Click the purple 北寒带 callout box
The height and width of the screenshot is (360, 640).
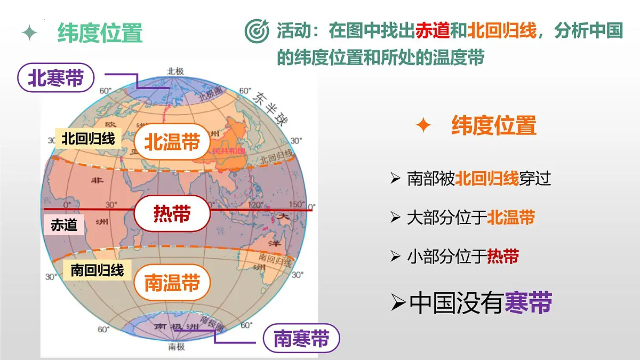[x=56, y=79]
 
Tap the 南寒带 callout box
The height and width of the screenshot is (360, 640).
[x=301, y=339]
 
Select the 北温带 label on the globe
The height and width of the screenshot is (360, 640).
[x=172, y=142]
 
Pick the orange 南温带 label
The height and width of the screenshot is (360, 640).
[x=172, y=283]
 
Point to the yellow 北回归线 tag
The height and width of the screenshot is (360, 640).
[x=88, y=139]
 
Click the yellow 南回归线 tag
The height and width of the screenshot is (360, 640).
[x=97, y=270]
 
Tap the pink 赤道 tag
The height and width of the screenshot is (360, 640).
[x=64, y=225]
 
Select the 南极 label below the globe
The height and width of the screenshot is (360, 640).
[x=177, y=347]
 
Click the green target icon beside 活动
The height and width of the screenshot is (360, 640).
[x=257, y=31]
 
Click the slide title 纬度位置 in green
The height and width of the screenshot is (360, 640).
[x=100, y=33]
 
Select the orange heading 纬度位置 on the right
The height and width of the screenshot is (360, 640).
[x=494, y=126]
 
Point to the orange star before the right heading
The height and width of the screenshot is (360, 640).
[x=423, y=126]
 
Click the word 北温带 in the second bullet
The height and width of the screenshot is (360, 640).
[x=511, y=218]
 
